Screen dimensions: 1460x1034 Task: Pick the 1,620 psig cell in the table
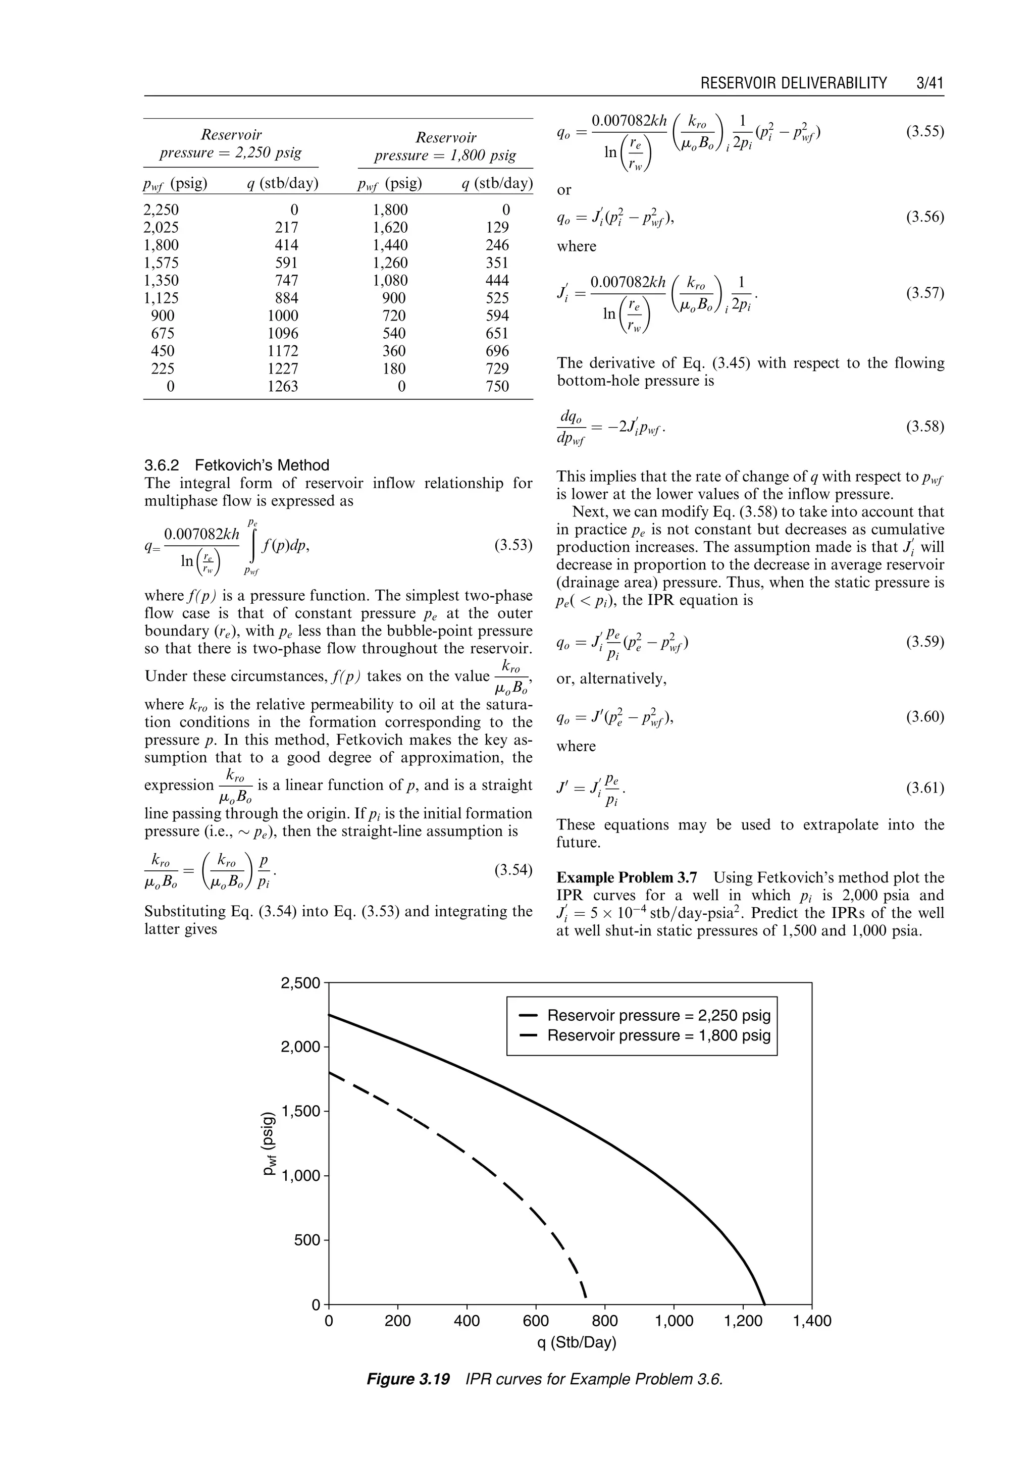[x=390, y=227]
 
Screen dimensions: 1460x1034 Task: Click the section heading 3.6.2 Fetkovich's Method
[x=237, y=465]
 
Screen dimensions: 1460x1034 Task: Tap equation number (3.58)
[x=924, y=427]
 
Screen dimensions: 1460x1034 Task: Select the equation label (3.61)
[x=924, y=788]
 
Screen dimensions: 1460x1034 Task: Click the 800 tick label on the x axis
[x=605, y=1321]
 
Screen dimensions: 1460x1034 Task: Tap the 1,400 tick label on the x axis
[x=812, y=1321]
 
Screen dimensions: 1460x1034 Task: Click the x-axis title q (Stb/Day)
[x=576, y=1343]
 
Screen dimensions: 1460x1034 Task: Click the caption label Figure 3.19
[x=408, y=1380]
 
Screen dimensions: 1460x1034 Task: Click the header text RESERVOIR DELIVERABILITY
[x=793, y=83]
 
